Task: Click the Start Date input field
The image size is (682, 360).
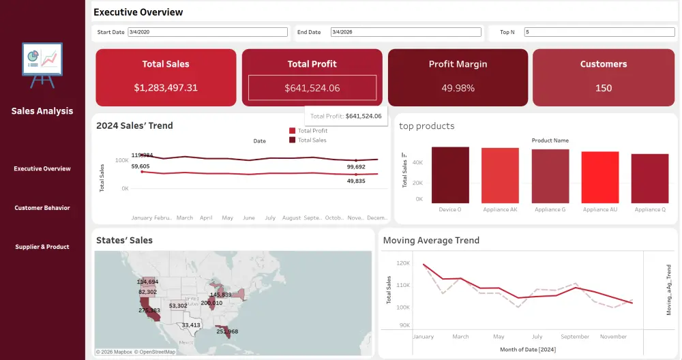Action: [x=207, y=32]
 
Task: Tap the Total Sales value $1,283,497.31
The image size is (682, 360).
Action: [x=166, y=88]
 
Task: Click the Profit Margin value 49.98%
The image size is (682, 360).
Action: [x=458, y=88]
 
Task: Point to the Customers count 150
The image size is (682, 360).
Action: [x=603, y=88]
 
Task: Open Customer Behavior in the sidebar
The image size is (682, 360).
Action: [x=42, y=208]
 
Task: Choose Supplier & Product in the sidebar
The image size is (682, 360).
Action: [x=42, y=247]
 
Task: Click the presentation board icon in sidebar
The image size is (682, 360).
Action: [x=42, y=65]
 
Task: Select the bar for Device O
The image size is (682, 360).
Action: [x=450, y=175]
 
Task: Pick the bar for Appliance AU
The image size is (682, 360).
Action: [x=600, y=177]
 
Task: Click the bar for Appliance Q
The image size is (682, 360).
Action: [x=650, y=178]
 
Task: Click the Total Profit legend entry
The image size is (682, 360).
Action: [x=312, y=131]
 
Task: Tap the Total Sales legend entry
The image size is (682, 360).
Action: [x=311, y=140]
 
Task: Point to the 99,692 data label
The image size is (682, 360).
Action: [x=356, y=166]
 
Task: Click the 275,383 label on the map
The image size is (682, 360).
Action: [x=149, y=310]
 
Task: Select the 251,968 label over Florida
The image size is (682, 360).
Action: [x=227, y=331]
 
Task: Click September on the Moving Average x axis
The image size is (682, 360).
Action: [x=575, y=337]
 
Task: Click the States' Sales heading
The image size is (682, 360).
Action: [x=124, y=240]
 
